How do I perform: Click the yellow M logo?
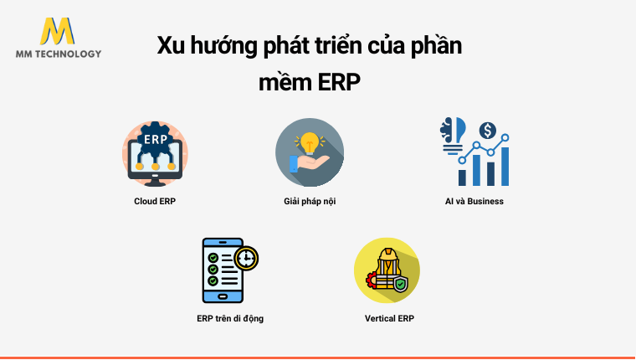point(57,31)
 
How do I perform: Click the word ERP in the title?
point(339,83)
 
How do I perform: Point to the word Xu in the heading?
point(171,46)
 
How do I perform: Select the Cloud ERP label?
point(155,201)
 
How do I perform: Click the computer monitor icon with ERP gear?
point(155,152)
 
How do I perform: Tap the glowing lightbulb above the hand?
point(310,141)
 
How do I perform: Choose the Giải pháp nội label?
point(310,201)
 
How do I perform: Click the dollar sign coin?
point(487,131)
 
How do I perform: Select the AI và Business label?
point(474,201)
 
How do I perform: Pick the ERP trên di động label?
point(230,318)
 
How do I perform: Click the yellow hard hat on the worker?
point(387,255)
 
